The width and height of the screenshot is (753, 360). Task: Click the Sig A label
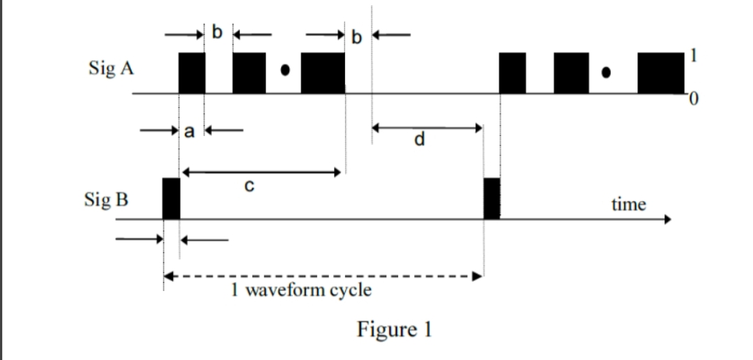point(111,69)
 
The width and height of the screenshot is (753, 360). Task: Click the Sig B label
point(106,200)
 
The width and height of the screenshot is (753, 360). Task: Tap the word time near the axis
point(628,204)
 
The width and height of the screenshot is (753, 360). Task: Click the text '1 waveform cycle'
point(301,290)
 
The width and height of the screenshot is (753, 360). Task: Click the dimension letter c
point(250,186)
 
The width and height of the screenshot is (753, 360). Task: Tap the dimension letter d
point(418,140)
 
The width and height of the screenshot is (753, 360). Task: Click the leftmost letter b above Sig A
point(217,32)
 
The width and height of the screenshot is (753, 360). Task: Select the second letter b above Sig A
point(358,36)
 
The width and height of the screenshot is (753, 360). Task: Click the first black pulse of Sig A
point(192,73)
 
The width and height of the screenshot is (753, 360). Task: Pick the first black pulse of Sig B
point(171,198)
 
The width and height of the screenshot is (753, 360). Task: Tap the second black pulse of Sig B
point(492,198)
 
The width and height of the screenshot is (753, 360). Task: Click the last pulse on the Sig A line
point(661,73)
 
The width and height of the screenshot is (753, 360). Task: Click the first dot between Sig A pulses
point(284,70)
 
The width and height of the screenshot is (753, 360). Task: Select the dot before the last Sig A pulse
point(608,72)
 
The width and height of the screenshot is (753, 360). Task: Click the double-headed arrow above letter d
point(427,128)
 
